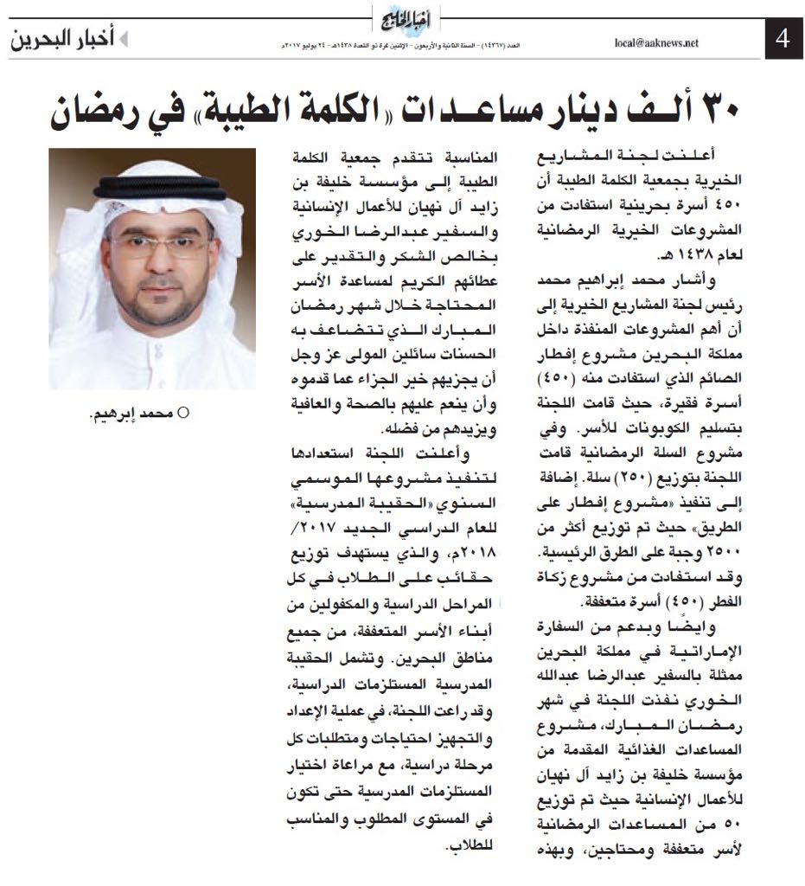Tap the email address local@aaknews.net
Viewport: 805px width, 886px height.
point(655,42)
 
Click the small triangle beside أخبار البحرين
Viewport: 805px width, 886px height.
point(123,40)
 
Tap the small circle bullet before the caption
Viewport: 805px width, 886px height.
point(182,414)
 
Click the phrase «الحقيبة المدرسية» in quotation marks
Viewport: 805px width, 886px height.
point(389,504)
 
